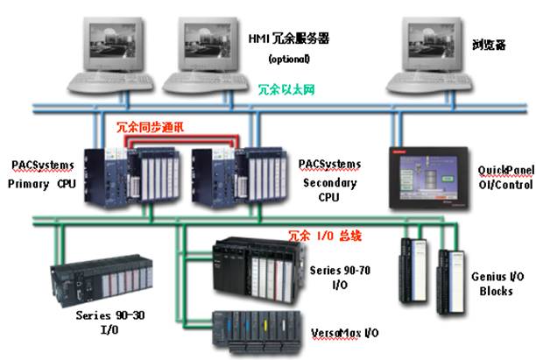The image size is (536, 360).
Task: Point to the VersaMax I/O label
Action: coord(343,334)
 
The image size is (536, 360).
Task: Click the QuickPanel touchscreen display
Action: coord(428,173)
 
